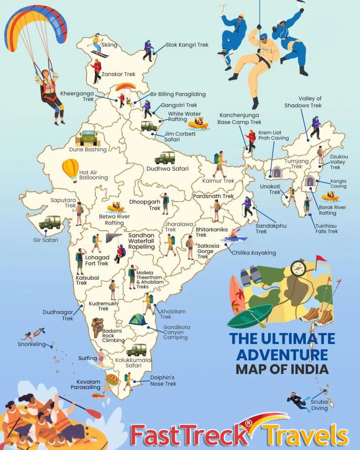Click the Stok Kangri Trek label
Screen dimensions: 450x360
click(x=187, y=45)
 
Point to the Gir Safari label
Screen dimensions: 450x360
click(x=45, y=240)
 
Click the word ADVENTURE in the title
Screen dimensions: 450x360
click(x=282, y=355)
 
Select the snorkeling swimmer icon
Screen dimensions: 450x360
click(x=33, y=334)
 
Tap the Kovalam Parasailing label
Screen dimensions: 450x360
click(x=88, y=384)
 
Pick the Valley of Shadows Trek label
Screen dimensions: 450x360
click(x=303, y=102)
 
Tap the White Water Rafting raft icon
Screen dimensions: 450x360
click(x=198, y=124)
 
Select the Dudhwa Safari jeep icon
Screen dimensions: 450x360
click(x=165, y=158)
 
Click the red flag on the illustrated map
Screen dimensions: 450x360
click(x=321, y=258)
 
